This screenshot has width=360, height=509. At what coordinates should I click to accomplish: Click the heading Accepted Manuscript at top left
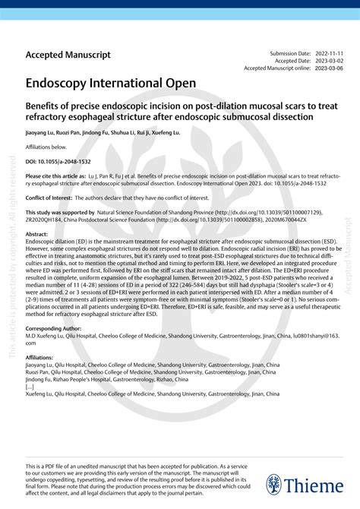68,55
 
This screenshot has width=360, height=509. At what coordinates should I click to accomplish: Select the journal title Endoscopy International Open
111,82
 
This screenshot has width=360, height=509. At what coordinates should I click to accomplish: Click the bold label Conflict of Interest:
50,195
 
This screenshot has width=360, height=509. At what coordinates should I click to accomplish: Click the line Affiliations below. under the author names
46,146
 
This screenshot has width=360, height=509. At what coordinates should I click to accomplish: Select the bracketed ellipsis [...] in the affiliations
30,387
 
